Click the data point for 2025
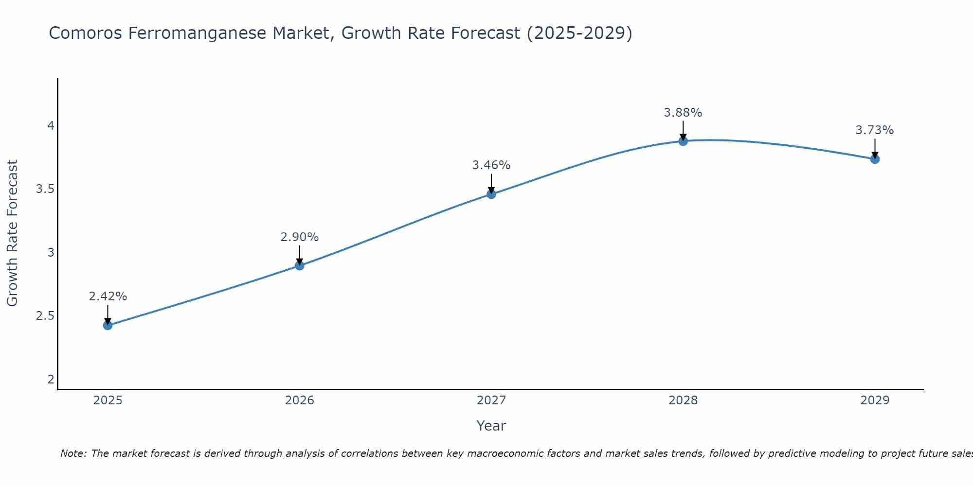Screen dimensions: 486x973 pyautogui.click(x=108, y=325)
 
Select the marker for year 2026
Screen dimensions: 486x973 pyautogui.click(x=299, y=265)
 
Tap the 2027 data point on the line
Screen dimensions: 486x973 pyautogui.click(x=491, y=194)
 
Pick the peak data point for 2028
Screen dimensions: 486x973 pyautogui.click(x=683, y=141)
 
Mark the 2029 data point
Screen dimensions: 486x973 pyautogui.click(x=875, y=159)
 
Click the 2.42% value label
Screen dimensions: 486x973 pyautogui.click(x=108, y=296)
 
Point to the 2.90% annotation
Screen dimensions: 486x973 pyautogui.click(x=299, y=237)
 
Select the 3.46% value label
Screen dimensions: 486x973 pyautogui.click(x=491, y=165)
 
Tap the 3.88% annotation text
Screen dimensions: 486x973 pyautogui.click(x=683, y=113)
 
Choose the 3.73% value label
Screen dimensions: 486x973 pyautogui.click(x=875, y=130)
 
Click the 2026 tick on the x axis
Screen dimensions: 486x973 pyautogui.click(x=299, y=400)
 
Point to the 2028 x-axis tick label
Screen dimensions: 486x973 pyautogui.click(x=683, y=400)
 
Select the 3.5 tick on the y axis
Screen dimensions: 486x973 pyautogui.click(x=45, y=189)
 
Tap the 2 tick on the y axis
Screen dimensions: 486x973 pyautogui.click(x=51, y=380)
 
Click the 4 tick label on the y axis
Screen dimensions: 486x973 pyautogui.click(x=51, y=126)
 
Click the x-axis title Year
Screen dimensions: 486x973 pyautogui.click(x=491, y=426)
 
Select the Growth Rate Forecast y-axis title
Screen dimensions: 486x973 pyautogui.click(x=12, y=233)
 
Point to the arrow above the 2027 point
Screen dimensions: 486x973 pyautogui.click(x=491, y=184)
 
